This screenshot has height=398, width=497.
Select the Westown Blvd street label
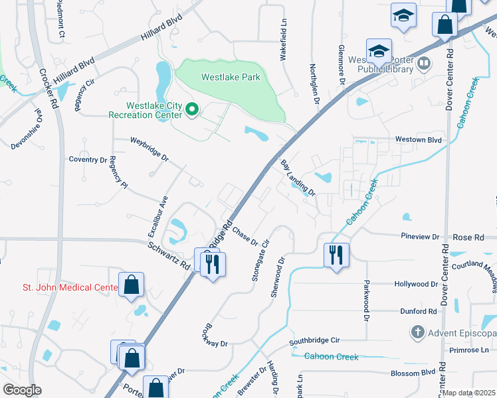click(x=419, y=140)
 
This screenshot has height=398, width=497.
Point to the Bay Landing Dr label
click(x=297, y=177)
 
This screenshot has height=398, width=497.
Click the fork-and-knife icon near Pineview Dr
click(x=336, y=255)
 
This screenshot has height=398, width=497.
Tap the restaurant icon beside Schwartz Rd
click(x=213, y=263)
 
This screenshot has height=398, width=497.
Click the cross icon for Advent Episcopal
click(x=417, y=331)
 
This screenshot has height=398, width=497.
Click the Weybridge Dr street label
click(x=149, y=150)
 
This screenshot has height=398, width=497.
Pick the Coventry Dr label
click(x=88, y=160)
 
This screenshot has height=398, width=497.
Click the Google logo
click(x=21, y=390)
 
